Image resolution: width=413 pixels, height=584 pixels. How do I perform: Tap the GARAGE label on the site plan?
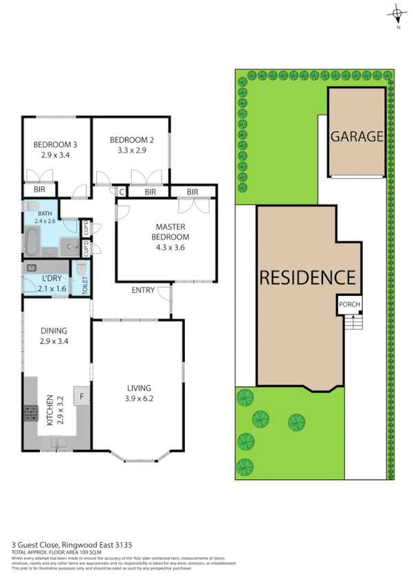357,136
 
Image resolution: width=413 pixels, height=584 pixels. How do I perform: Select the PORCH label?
349,305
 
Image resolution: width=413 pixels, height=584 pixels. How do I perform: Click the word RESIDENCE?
307,278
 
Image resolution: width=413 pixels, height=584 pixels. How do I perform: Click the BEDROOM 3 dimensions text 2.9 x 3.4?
56,156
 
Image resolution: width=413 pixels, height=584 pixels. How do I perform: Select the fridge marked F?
82,396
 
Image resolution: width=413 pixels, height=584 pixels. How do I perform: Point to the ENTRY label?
143,290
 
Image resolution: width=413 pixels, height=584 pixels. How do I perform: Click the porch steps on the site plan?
354,321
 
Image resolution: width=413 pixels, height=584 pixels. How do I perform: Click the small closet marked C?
121,192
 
